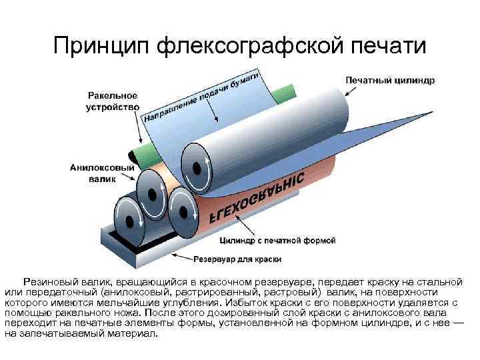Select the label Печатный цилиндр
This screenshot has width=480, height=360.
click(x=389, y=80)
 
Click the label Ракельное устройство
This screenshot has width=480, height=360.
click(x=111, y=101)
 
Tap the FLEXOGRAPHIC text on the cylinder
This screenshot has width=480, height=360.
click(x=257, y=197)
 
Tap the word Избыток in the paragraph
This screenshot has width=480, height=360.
click(x=287, y=301)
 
